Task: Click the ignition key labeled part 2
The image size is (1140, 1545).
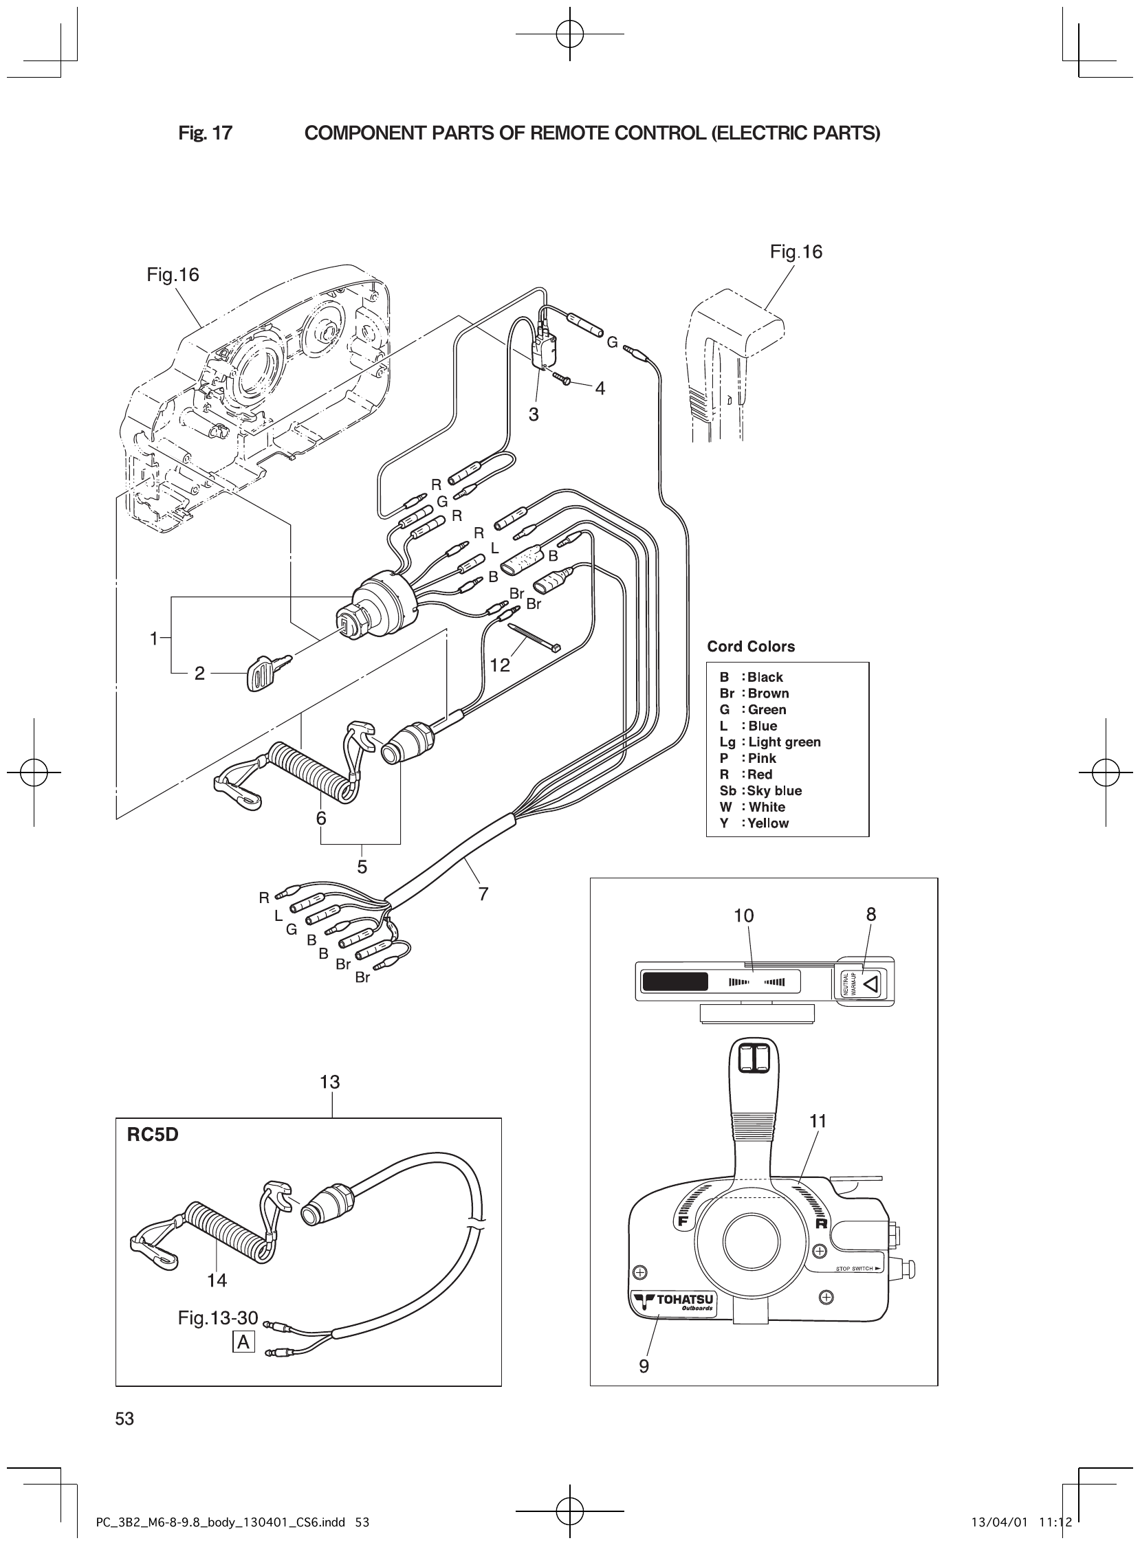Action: pyautogui.click(x=266, y=671)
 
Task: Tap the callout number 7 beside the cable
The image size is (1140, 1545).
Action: pyautogui.click(x=483, y=894)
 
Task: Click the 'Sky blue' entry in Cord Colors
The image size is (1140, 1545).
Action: pyautogui.click(x=761, y=791)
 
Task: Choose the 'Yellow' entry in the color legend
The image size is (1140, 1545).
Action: pyautogui.click(x=754, y=823)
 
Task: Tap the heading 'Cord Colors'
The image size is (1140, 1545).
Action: pyautogui.click(x=751, y=647)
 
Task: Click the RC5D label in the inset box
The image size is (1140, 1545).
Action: pyautogui.click(x=153, y=1135)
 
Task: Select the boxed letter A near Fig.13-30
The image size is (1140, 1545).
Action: pyautogui.click(x=243, y=1342)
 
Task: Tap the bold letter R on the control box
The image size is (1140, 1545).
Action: pyautogui.click(x=821, y=1224)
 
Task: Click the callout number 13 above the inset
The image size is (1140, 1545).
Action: pyautogui.click(x=330, y=1082)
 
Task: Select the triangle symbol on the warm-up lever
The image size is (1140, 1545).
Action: pyautogui.click(x=871, y=982)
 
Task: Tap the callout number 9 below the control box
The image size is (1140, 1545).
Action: pyautogui.click(x=644, y=1366)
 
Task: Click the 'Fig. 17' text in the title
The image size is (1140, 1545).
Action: pyautogui.click(x=205, y=133)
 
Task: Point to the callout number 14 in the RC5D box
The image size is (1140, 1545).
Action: pyautogui.click(x=217, y=1281)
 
